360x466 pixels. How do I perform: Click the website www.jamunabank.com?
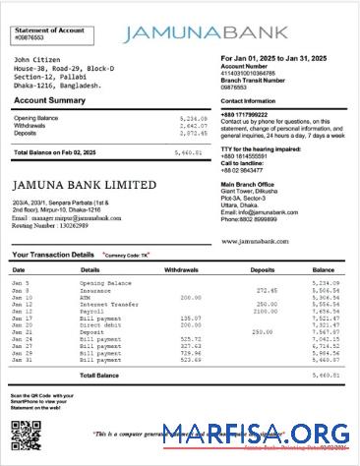(256, 239)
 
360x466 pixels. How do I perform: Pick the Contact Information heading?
(248, 100)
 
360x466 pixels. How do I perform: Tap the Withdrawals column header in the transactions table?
(182, 268)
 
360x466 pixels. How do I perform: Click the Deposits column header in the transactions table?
(263, 268)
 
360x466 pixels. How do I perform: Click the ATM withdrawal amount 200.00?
(190, 297)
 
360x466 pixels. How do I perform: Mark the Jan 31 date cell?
(22, 361)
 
